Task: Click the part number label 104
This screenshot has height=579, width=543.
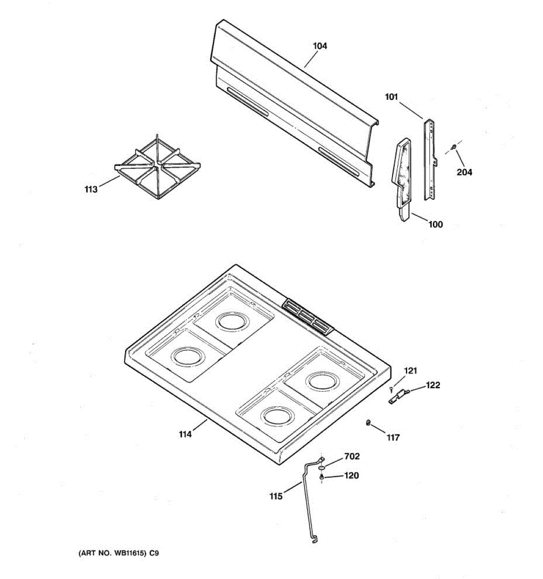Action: coord(320,46)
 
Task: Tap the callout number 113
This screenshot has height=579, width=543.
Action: coord(91,189)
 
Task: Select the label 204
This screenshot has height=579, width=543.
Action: coord(465,172)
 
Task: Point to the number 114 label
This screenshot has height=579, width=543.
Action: coord(185,434)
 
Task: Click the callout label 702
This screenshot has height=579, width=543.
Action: coord(352,456)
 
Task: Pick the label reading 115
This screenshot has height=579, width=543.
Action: coord(276,496)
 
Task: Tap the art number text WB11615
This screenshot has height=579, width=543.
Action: coord(125,554)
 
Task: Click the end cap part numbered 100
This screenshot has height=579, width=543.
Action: coord(403,179)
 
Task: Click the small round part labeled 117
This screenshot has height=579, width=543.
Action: coord(368,423)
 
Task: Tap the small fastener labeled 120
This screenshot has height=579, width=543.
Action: coord(321,477)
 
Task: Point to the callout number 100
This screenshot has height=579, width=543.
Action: coord(435,224)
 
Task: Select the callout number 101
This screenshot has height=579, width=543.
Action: coord(391,97)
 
